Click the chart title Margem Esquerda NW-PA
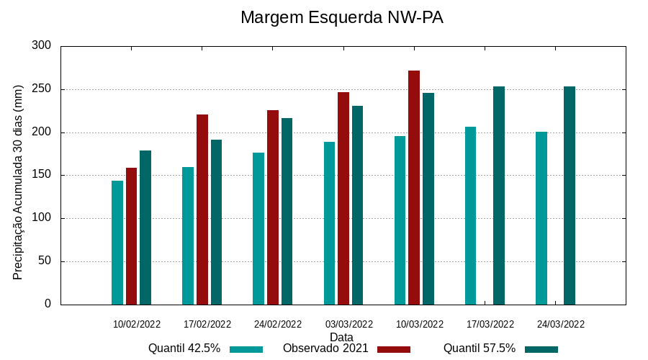pos(341,17)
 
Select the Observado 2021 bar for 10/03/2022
pos(414,187)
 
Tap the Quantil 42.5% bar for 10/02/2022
pos(117,243)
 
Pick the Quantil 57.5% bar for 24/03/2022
pos(570,195)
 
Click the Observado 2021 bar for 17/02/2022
pos(202,210)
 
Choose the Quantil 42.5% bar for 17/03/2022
pos(471,215)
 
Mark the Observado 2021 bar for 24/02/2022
pos(273,207)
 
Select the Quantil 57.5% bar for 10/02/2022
pos(145,228)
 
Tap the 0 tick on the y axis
pos(48,304)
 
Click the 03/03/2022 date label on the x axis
pos(349,324)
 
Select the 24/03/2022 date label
pos(561,324)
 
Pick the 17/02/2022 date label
pos(207,324)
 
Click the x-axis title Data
pos(341,337)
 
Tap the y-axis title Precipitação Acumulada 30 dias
pos(19,181)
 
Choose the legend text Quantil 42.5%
pos(184,348)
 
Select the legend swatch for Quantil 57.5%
pos(541,349)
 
